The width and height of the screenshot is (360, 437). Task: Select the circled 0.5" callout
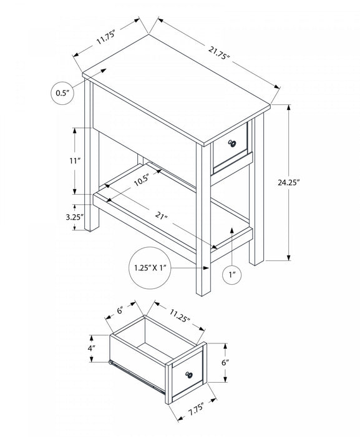click(x=62, y=93)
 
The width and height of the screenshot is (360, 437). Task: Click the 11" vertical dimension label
click(x=75, y=161)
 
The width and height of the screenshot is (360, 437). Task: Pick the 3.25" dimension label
click(x=74, y=218)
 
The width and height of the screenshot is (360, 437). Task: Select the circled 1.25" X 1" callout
click(x=152, y=268)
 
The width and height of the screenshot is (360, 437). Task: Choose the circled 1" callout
click(x=232, y=273)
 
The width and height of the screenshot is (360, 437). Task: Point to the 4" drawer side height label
click(x=90, y=346)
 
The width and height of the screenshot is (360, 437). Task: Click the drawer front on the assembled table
click(x=231, y=149)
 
